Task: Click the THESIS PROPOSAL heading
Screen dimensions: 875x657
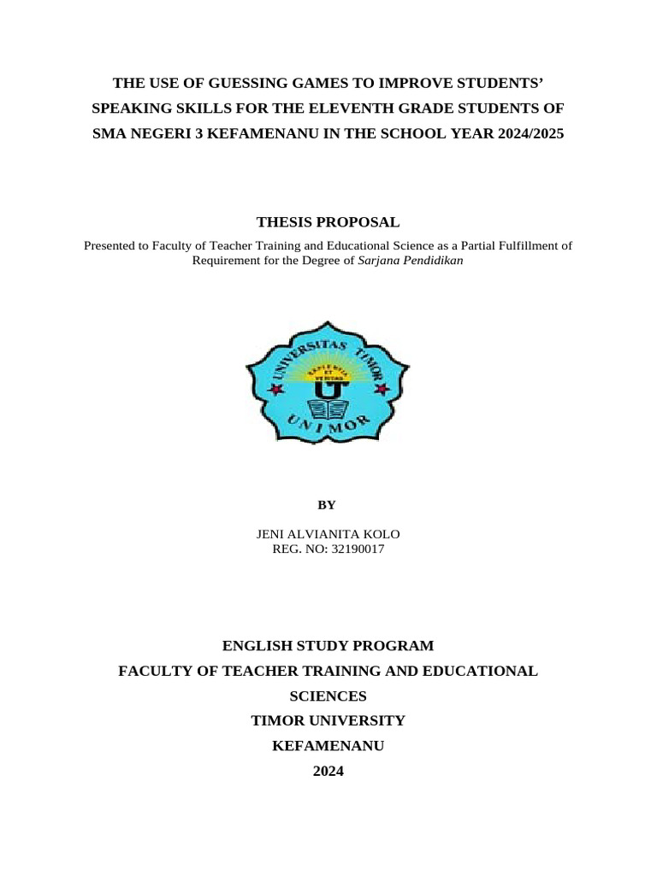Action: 328,222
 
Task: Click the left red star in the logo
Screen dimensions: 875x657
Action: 275,389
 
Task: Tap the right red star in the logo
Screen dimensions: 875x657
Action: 382,389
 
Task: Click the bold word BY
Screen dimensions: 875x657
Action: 328,504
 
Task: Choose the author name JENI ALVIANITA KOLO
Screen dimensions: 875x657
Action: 328,535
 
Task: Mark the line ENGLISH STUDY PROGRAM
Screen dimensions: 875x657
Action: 328,646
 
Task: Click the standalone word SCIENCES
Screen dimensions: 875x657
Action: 328,696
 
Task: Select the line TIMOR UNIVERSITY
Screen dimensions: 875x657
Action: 328,721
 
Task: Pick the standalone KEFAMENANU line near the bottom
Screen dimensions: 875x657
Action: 328,746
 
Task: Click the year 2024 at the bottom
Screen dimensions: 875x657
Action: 328,772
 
